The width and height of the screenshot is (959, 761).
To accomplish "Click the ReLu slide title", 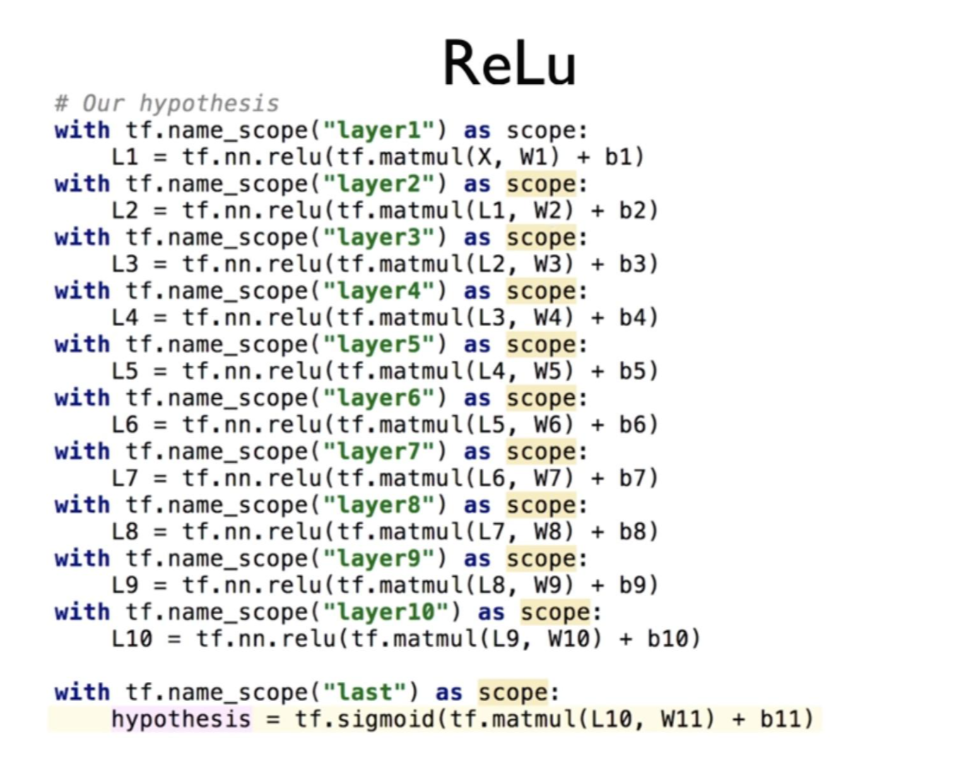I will pos(509,64).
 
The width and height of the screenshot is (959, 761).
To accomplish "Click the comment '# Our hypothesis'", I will pos(167,104).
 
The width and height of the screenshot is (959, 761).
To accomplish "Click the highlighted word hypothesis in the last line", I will pos(181,719).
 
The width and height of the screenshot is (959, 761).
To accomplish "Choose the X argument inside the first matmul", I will pos(485,157).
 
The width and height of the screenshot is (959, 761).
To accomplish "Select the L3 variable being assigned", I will pos(125,264).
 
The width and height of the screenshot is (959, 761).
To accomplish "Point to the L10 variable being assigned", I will pos(131,639).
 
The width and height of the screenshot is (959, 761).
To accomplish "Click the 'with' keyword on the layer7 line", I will pos(82,452).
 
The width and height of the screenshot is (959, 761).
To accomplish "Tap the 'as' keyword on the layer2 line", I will pos(477,184).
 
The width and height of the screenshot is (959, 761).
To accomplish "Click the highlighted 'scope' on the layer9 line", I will pos(541,559).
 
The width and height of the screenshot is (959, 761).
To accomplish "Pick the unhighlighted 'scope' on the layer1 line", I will pos(541,131).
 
